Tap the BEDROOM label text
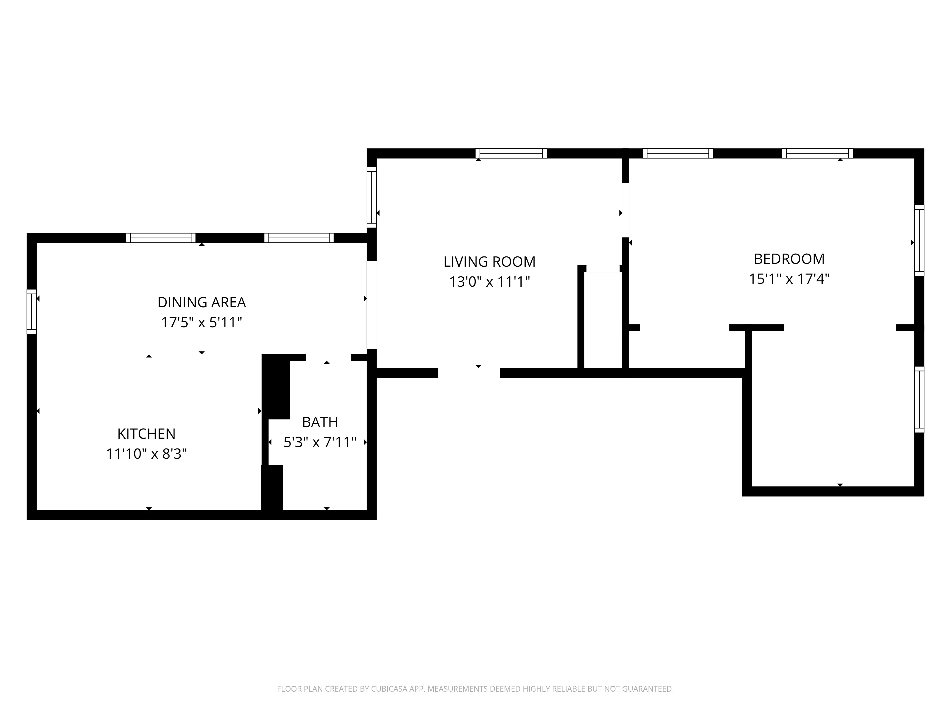[789, 259]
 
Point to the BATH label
[320, 422]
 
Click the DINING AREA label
[202, 302]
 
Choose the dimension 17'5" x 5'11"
[202, 322]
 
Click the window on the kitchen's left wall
[32, 312]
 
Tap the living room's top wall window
[511, 154]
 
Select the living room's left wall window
[371, 197]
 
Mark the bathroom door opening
[328, 358]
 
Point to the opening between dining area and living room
[371, 305]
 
